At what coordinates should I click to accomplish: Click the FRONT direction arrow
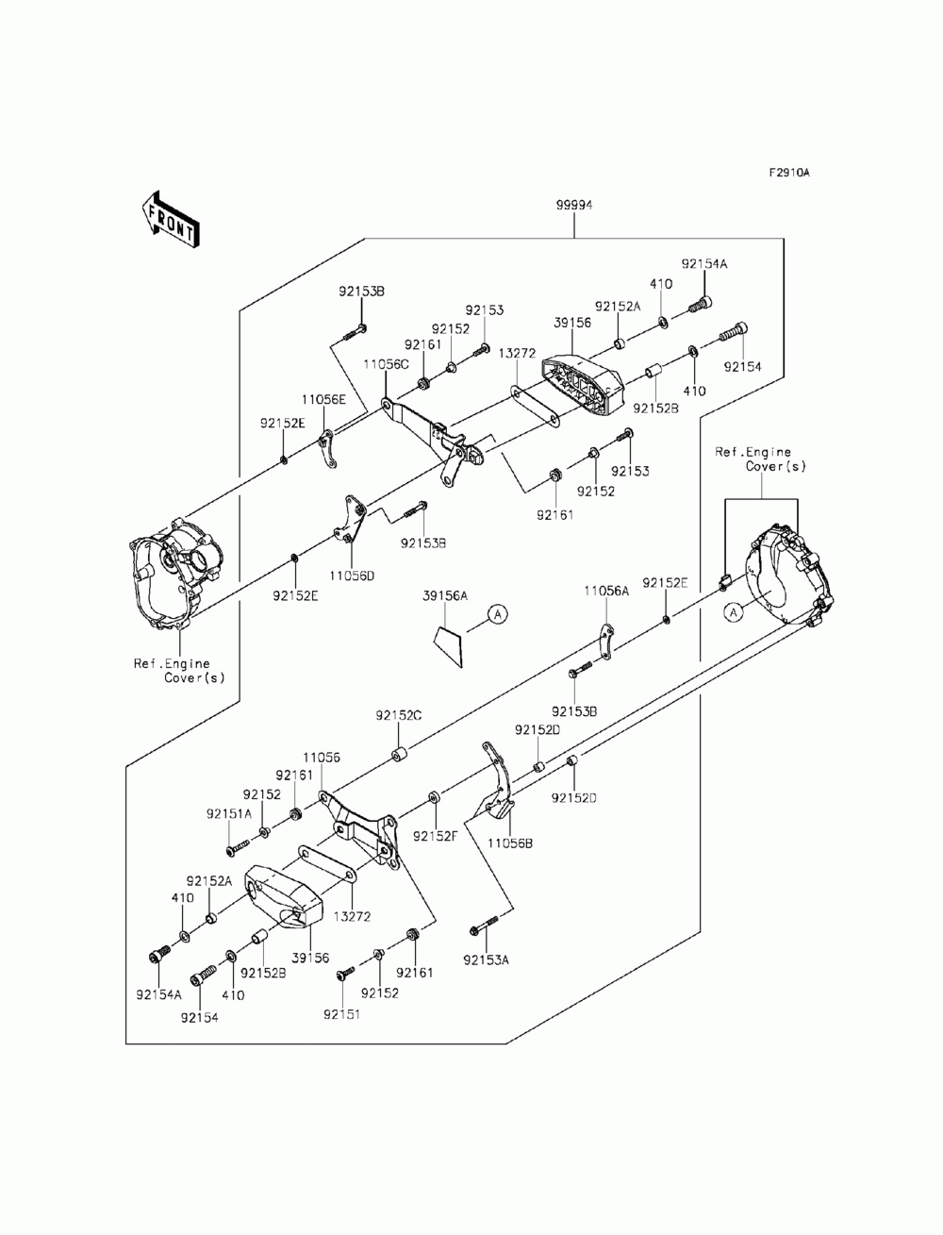(170, 220)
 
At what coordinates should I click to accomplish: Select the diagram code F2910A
(789, 174)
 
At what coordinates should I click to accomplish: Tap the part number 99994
(573, 206)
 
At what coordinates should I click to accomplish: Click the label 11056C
(385, 364)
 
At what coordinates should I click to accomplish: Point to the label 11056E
(323, 399)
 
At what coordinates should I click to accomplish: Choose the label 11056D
(352, 576)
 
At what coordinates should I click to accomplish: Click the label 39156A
(445, 596)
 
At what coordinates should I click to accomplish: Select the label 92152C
(398, 716)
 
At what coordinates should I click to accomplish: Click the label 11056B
(510, 859)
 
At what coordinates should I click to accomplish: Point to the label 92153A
(486, 960)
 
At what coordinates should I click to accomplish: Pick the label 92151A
(229, 813)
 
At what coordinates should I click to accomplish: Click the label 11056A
(606, 591)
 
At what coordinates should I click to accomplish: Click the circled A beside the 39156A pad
(498, 614)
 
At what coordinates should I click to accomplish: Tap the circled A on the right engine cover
(733, 612)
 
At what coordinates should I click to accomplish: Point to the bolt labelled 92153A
(484, 926)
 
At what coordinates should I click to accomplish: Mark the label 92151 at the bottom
(341, 1014)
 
